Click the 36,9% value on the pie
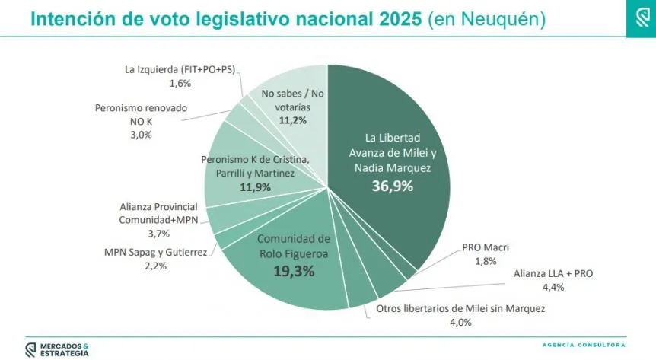(392, 186)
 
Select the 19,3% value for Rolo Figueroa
(293, 270)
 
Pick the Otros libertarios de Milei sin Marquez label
(461, 308)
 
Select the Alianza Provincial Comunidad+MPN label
(158, 213)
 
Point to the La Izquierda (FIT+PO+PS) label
(179, 69)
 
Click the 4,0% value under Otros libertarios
(461, 322)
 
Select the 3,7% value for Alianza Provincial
(158, 233)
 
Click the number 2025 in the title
(397, 18)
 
